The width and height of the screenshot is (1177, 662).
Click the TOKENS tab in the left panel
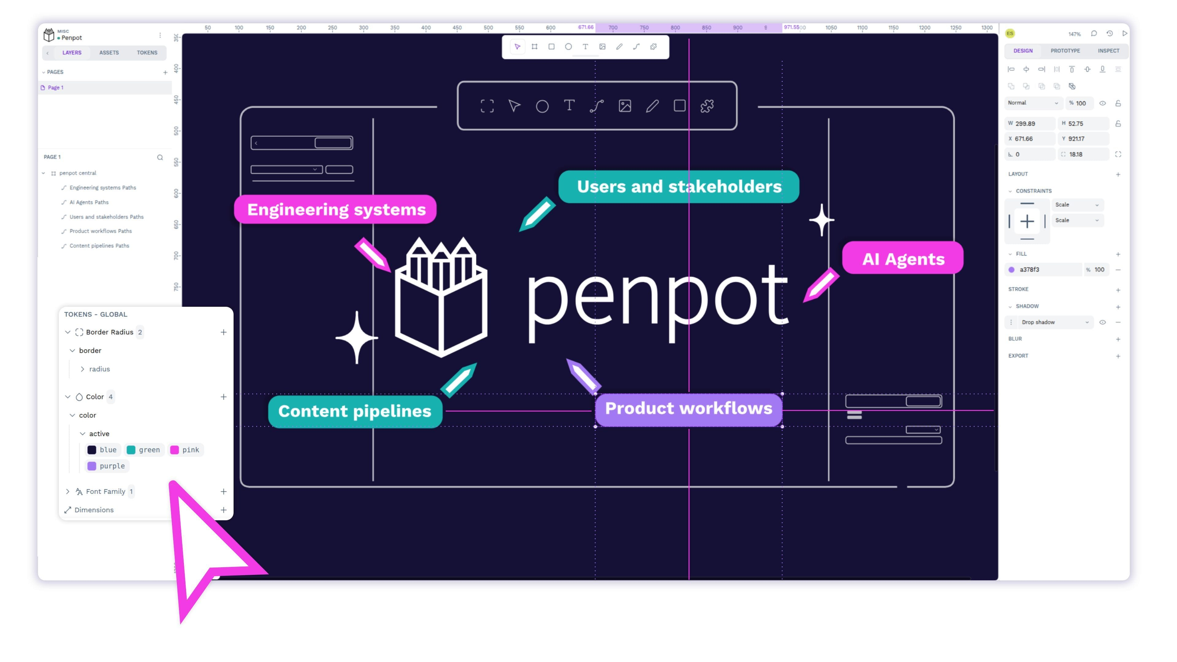(147, 52)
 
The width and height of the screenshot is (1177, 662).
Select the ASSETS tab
(109, 52)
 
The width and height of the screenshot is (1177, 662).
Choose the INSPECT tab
(1108, 51)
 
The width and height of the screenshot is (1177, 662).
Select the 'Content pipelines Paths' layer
(99, 245)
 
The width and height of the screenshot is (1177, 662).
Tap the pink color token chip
(185, 450)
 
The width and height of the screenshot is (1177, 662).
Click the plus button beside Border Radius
(223, 332)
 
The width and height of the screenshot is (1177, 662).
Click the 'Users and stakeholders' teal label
(679, 187)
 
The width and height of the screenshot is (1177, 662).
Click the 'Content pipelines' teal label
(355, 411)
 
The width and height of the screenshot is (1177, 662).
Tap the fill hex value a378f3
(1030, 270)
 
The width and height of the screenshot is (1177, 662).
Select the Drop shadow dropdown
(1054, 322)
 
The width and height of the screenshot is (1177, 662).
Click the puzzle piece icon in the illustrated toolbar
(707, 106)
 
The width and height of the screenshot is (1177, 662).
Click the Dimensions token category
(94, 510)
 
